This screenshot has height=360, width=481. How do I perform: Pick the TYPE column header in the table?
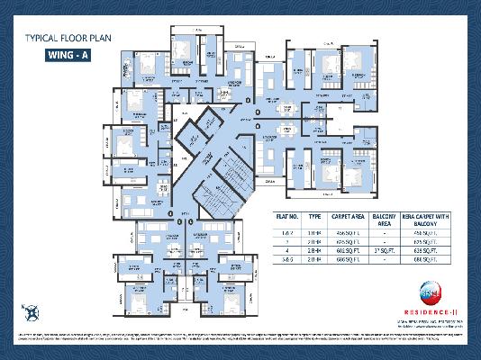pos(314,217)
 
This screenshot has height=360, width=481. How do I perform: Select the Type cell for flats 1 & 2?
pos(314,231)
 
